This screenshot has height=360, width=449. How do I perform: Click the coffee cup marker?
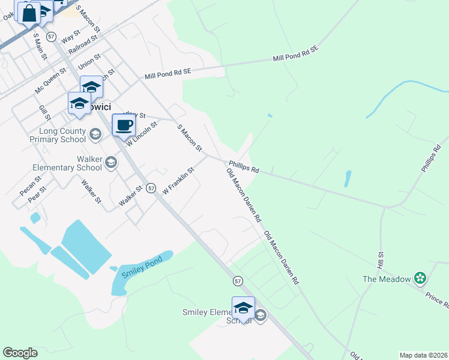tap(124, 126)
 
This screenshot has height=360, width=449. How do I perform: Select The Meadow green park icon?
tap(420, 278)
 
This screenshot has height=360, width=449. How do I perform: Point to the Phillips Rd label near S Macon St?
tap(243, 166)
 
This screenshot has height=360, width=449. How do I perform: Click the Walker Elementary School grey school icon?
tap(110, 162)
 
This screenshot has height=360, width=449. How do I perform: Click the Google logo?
tap(20, 353)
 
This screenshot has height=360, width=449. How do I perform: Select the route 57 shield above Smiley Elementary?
tap(238, 281)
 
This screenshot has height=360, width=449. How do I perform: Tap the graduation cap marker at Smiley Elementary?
tap(243, 308)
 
